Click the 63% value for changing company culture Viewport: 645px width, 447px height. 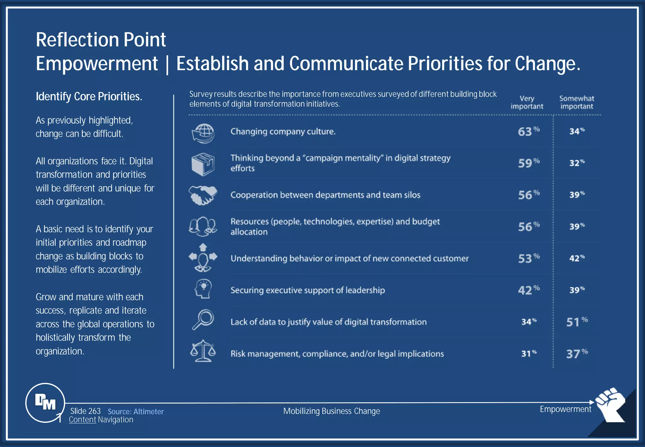[x=528, y=131]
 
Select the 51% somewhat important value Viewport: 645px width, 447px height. [x=576, y=322]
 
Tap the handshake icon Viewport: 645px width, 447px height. [x=203, y=195]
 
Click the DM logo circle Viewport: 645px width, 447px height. [x=45, y=403]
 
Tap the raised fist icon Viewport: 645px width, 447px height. [x=610, y=404]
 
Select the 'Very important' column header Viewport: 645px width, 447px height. [x=527, y=102]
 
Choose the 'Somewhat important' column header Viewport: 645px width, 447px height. [x=576, y=102]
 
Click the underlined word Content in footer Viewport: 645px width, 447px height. [x=82, y=420]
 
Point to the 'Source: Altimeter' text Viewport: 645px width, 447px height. [x=136, y=412]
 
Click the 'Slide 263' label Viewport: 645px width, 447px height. [x=85, y=411]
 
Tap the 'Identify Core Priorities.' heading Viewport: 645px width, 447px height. [x=89, y=96]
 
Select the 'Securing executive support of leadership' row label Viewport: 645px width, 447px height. [x=307, y=290]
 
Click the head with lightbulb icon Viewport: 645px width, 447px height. [x=203, y=289]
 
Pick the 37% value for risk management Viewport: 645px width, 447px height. [x=576, y=354]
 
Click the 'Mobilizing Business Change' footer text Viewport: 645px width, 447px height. [x=331, y=411]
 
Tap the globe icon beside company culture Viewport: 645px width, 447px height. [x=203, y=133]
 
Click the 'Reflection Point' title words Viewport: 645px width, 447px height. [x=101, y=40]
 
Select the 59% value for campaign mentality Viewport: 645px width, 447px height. [x=528, y=163]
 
